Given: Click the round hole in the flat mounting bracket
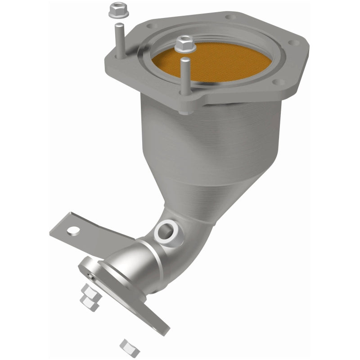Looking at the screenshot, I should click(x=72, y=232).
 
